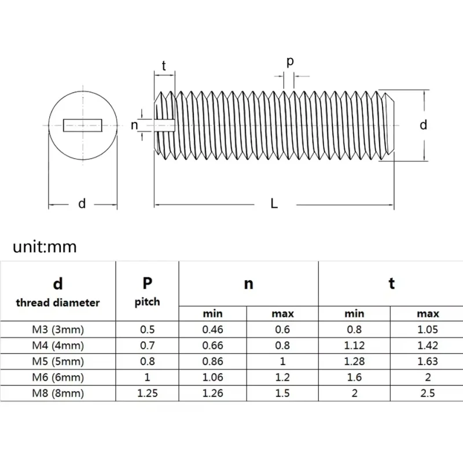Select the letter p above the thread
pyautogui.click(x=290, y=61)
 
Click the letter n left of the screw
pyautogui.click(x=134, y=125)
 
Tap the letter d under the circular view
pyautogui.click(x=82, y=203)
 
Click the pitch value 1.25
pyautogui.click(x=148, y=393)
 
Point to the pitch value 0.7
pyautogui.click(x=148, y=346)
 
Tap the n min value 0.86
pyautogui.click(x=212, y=362)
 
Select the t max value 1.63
pyautogui.click(x=427, y=362)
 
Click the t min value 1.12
pyautogui.click(x=354, y=346)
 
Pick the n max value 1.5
pyautogui.click(x=282, y=393)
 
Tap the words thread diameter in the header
pyautogui.click(x=58, y=302)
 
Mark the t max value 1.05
pyautogui.click(x=427, y=330)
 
